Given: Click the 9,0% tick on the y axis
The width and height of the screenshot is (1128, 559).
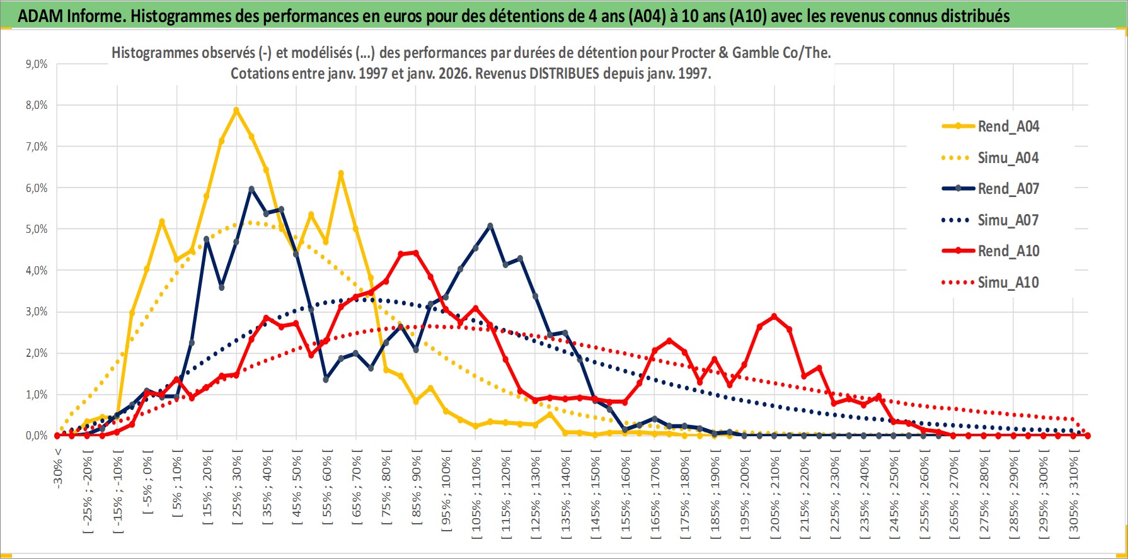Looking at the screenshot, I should [x=37, y=64].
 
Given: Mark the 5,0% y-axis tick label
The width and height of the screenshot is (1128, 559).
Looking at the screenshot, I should [x=37, y=229].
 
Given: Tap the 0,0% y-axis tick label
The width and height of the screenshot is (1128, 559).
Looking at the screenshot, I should [x=37, y=436].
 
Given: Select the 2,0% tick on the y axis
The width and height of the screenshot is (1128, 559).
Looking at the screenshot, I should [x=37, y=353].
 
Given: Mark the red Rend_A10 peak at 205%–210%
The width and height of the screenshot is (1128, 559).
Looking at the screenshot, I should [x=774, y=317].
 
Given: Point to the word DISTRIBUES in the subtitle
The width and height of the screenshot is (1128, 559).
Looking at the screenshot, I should [x=563, y=74].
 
